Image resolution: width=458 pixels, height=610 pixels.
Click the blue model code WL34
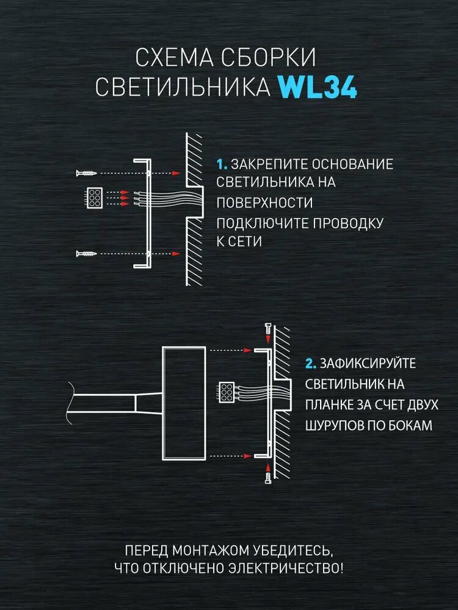tap(318, 87)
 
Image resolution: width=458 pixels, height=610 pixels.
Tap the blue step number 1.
tap(222, 164)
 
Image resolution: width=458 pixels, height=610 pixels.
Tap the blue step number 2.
tap(311, 364)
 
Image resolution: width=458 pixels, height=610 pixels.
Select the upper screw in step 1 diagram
tap(87, 173)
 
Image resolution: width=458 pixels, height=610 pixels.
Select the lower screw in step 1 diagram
tap(87, 253)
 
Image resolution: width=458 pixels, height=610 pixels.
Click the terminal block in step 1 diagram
tap(95, 198)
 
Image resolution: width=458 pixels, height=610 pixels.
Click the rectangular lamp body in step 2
tap(183, 402)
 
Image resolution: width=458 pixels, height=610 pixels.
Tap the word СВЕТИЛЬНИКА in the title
tap(183, 87)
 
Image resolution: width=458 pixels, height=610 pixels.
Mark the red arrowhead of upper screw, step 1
tap(176, 173)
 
